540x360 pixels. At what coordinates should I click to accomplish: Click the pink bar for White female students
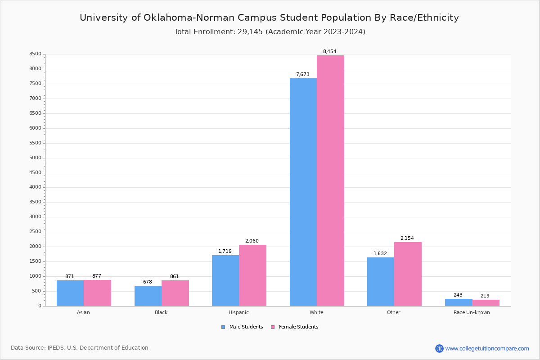click(330, 180)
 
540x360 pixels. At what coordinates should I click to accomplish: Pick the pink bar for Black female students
click(175, 293)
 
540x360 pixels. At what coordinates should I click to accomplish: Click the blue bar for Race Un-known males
click(459, 302)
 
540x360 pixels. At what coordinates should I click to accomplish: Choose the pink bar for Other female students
click(408, 274)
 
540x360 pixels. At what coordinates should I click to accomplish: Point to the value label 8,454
click(329, 52)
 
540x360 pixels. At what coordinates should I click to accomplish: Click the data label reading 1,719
click(225, 252)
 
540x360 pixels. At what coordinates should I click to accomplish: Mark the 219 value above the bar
click(485, 296)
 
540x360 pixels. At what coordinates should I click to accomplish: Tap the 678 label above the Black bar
click(148, 282)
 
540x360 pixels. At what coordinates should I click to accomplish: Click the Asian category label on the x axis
click(83, 312)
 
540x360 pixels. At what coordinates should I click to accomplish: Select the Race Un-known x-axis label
click(472, 312)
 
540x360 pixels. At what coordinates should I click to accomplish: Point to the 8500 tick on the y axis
click(36, 54)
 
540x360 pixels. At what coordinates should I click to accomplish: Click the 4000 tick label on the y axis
click(36, 187)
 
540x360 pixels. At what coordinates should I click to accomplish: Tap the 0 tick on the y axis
click(40, 306)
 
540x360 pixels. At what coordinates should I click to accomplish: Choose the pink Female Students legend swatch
click(273, 327)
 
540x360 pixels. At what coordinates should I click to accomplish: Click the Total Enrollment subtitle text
click(270, 32)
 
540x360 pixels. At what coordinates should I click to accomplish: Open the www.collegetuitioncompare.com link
click(487, 348)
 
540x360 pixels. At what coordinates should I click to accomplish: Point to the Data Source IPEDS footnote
click(80, 348)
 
